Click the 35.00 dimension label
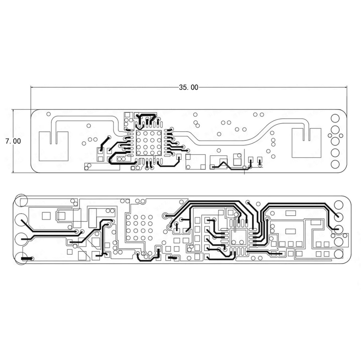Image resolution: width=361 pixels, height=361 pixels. [189, 87]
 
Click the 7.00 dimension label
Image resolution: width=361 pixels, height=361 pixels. [13, 141]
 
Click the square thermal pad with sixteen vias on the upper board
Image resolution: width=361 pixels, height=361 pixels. [149, 143]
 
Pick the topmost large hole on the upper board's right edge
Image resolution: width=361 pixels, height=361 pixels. [335, 118]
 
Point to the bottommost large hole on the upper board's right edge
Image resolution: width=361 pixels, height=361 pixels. [335, 164]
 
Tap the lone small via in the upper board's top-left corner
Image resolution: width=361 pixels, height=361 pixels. [49, 114]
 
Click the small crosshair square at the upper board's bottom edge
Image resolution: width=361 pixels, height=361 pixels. [245, 167]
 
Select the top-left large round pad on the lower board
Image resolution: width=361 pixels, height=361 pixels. [21, 201]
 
